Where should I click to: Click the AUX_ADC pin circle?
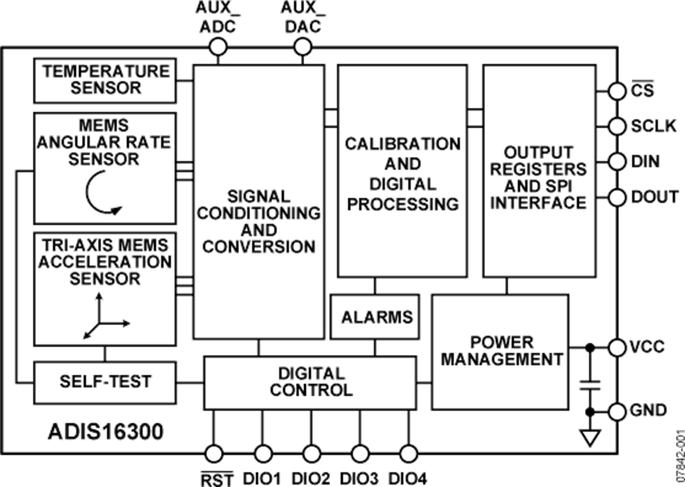pos(218,48)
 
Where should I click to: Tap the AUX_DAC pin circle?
pos(303,48)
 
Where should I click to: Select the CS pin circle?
pos(617,91)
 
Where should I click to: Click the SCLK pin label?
pos(654,126)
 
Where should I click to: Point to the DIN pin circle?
pos(617,161)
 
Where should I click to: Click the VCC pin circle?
pos(617,348)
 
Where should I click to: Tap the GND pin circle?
pos(617,412)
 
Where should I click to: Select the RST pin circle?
pos(214,453)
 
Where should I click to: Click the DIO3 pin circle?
pos(360,453)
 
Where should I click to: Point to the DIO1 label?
pos(262,479)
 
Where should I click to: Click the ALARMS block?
pos(375,317)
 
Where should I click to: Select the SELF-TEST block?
pos(105,383)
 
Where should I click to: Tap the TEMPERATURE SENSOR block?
pos(105,81)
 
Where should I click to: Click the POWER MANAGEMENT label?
pos(502,351)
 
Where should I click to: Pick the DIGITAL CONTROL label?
pos(311,382)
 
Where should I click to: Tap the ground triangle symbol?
pos(590,438)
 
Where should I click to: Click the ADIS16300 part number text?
pos(106,432)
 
